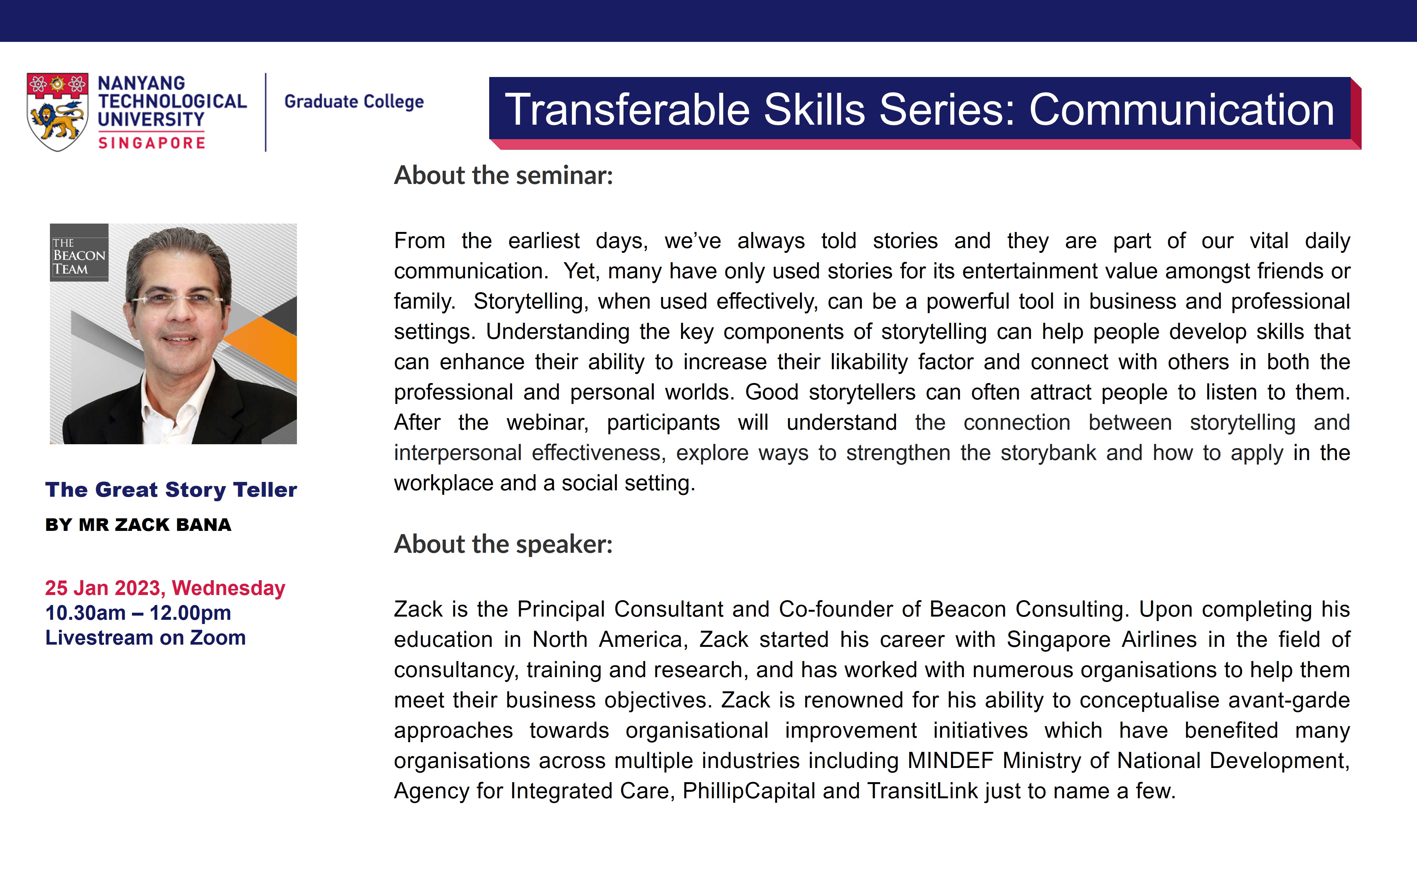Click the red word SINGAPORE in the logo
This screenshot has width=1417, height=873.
point(152,143)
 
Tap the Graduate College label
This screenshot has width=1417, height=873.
point(354,101)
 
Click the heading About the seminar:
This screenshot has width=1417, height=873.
point(503,175)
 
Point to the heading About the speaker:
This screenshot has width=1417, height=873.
point(503,544)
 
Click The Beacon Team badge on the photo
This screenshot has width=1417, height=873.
point(79,252)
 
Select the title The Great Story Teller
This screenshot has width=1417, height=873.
point(171,490)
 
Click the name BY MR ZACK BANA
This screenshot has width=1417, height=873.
point(138,525)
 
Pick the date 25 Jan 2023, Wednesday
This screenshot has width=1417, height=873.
point(166,588)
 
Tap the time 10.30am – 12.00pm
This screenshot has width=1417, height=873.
point(138,613)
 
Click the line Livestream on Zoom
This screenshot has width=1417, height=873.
point(146,638)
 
